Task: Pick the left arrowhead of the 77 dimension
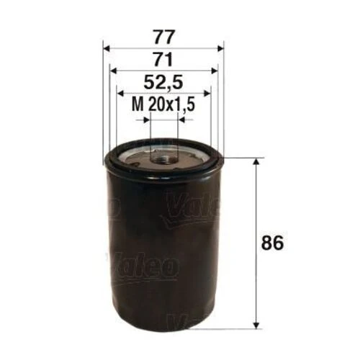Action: tap(107, 48)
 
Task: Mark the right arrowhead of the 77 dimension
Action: tap(220, 48)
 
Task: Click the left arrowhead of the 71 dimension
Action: tap(113, 71)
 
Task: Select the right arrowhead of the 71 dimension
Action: tap(214, 71)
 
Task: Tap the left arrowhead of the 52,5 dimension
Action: tap(120, 94)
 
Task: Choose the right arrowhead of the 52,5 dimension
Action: tap(207, 94)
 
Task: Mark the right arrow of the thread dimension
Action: tap(181, 119)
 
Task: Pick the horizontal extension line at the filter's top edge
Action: tap(241, 158)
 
